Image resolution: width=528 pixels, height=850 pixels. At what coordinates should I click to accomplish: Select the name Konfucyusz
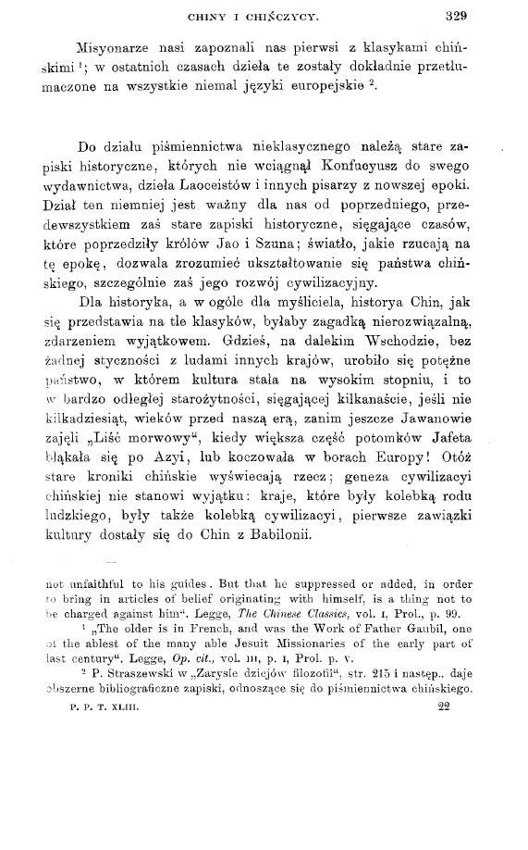[349, 169]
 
